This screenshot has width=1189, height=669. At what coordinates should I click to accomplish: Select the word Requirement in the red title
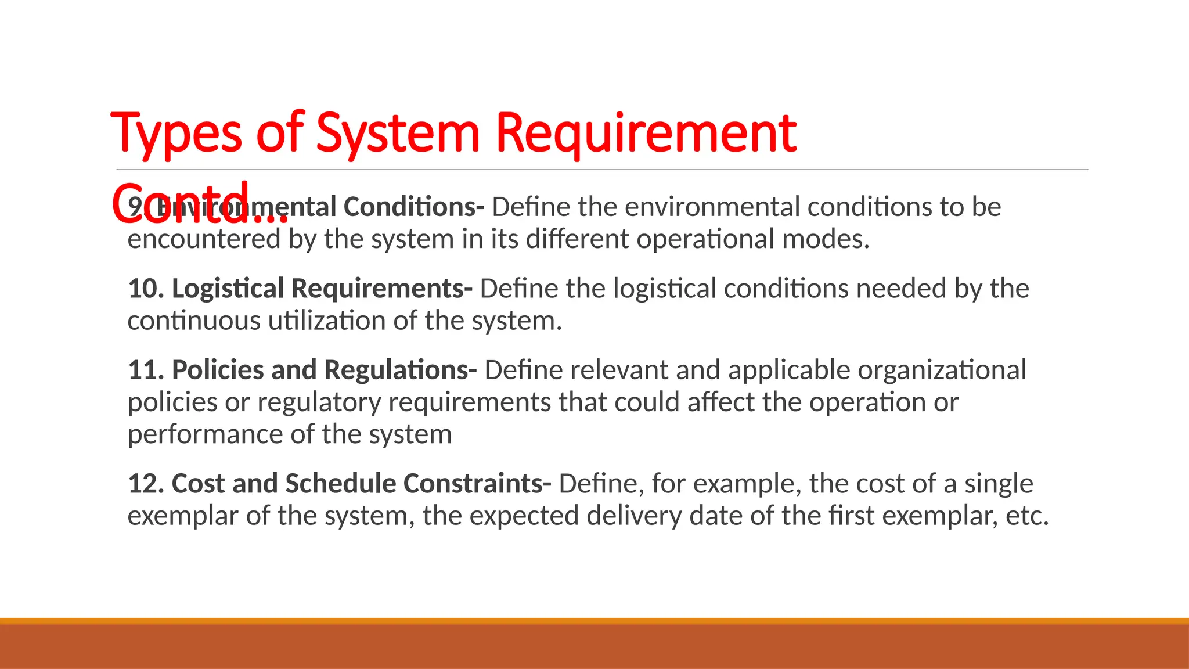(646, 134)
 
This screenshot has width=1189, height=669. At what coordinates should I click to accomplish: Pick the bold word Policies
(218, 370)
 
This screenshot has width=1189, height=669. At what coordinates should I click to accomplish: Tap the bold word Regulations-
(401, 370)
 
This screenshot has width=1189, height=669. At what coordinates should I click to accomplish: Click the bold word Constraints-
(477, 484)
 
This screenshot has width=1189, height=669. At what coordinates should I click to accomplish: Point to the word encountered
(204, 239)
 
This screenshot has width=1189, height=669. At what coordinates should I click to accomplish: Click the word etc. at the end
(1027, 516)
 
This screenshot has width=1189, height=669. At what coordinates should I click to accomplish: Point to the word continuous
(193, 321)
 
